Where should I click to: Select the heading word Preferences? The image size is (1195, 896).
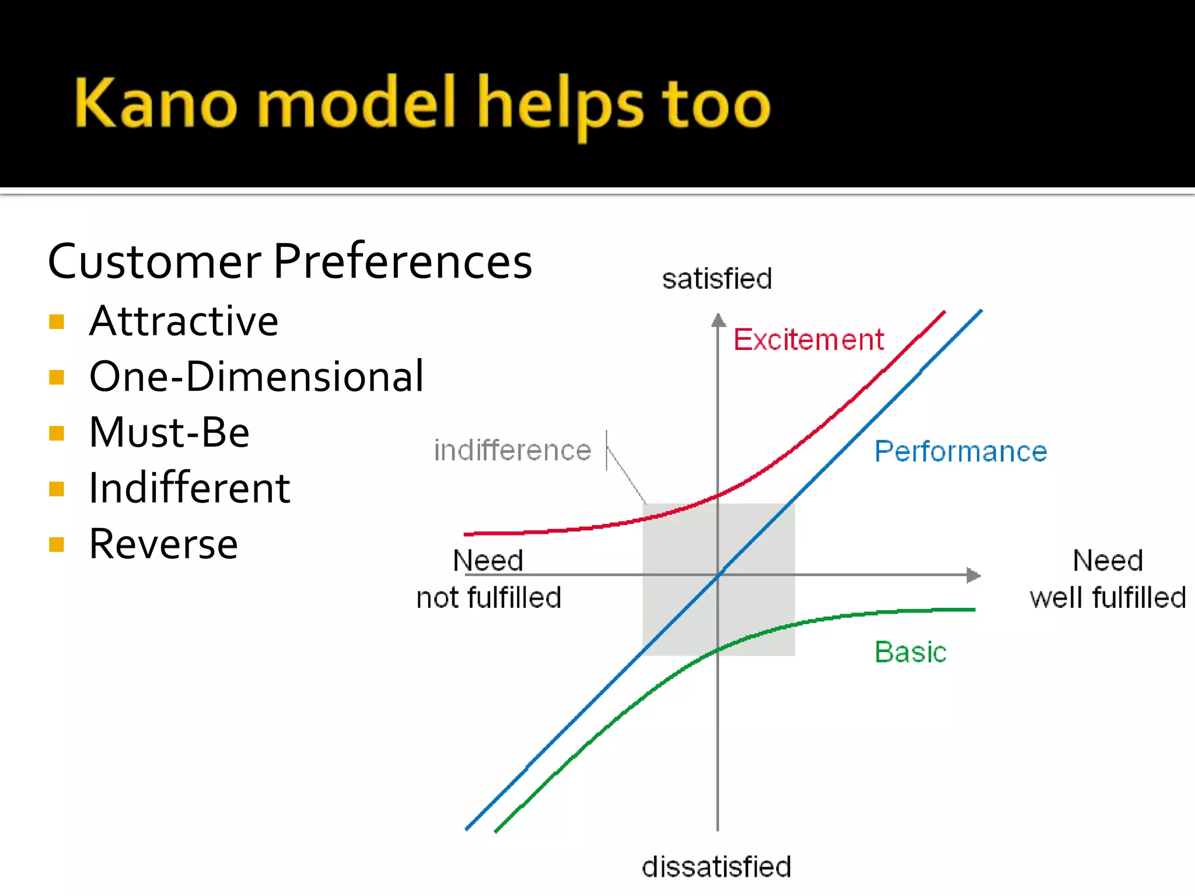coord(403,261)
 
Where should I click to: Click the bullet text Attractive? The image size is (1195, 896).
coord(184,321)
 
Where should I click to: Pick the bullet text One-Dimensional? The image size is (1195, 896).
coord(256,377)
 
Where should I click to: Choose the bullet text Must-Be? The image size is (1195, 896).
coord(169,433)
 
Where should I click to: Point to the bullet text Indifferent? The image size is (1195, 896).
coord(190,488)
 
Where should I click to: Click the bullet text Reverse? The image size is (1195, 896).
coord(163,544)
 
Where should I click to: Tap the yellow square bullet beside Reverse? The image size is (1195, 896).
coord(57,545)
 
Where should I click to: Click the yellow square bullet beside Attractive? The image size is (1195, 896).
coord(57,322)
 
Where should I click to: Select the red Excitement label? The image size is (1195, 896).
coord(808,339)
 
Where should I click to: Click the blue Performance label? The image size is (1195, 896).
coord(960,452)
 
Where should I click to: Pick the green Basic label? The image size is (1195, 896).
coord(910,652)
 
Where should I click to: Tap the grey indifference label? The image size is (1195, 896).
coord(512,450)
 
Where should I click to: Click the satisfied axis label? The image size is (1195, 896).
coord(717,279)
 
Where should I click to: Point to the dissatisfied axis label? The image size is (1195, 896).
coord(717,867)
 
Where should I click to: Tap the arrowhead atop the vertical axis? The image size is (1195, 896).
coord(718,320)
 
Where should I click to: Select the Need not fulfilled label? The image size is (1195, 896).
coord(489,579)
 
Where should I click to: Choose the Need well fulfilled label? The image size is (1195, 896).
coord(1107,579)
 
